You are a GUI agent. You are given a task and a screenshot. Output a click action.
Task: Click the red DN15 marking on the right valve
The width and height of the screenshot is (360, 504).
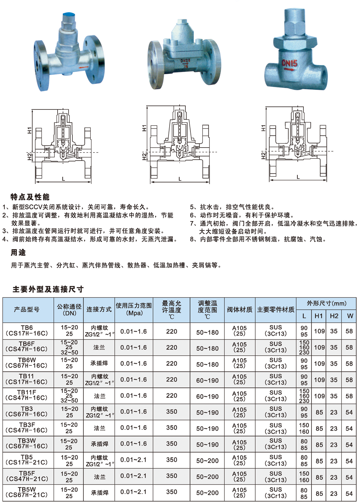[x=289, y=64]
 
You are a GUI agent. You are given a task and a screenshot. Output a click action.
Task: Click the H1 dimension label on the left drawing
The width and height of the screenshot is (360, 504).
[x=30, y=130]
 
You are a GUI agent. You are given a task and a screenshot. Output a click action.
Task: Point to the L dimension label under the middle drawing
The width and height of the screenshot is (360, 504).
[x=180, y=179]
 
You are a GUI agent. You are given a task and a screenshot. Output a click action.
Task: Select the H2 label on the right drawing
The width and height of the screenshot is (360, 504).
[x=264, y=155]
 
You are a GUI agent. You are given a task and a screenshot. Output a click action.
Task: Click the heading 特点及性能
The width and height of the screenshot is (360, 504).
[x=30, y=197]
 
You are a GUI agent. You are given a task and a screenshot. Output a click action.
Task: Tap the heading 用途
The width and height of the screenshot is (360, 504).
[x=18, y=253]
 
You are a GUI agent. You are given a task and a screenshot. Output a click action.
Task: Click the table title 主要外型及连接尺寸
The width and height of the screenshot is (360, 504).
[x=48, y=289]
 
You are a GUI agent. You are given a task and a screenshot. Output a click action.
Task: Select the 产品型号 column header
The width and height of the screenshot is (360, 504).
[x=27, y=310]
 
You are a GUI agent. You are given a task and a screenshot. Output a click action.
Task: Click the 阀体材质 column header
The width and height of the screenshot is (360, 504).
[x=239, y=310]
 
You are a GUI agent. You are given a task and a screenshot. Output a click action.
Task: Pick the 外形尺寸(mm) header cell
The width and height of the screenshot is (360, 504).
[x=326, y=303]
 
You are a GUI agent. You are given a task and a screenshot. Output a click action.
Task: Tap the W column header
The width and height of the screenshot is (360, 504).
[x=350, y=316]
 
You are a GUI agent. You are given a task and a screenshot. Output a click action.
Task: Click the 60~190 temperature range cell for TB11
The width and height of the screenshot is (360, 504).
[x=207, y=381]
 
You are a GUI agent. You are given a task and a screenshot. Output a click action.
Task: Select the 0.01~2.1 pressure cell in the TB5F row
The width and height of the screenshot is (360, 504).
[x=134, y=476]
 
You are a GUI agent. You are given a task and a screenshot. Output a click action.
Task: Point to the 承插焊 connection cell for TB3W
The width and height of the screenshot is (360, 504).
[x=99, y=444]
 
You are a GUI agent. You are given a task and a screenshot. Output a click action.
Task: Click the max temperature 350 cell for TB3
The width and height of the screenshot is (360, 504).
[x=172, y=411]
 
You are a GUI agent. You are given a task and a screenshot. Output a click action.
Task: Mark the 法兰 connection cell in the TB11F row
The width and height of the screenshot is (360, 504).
[x=99, y=396]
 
